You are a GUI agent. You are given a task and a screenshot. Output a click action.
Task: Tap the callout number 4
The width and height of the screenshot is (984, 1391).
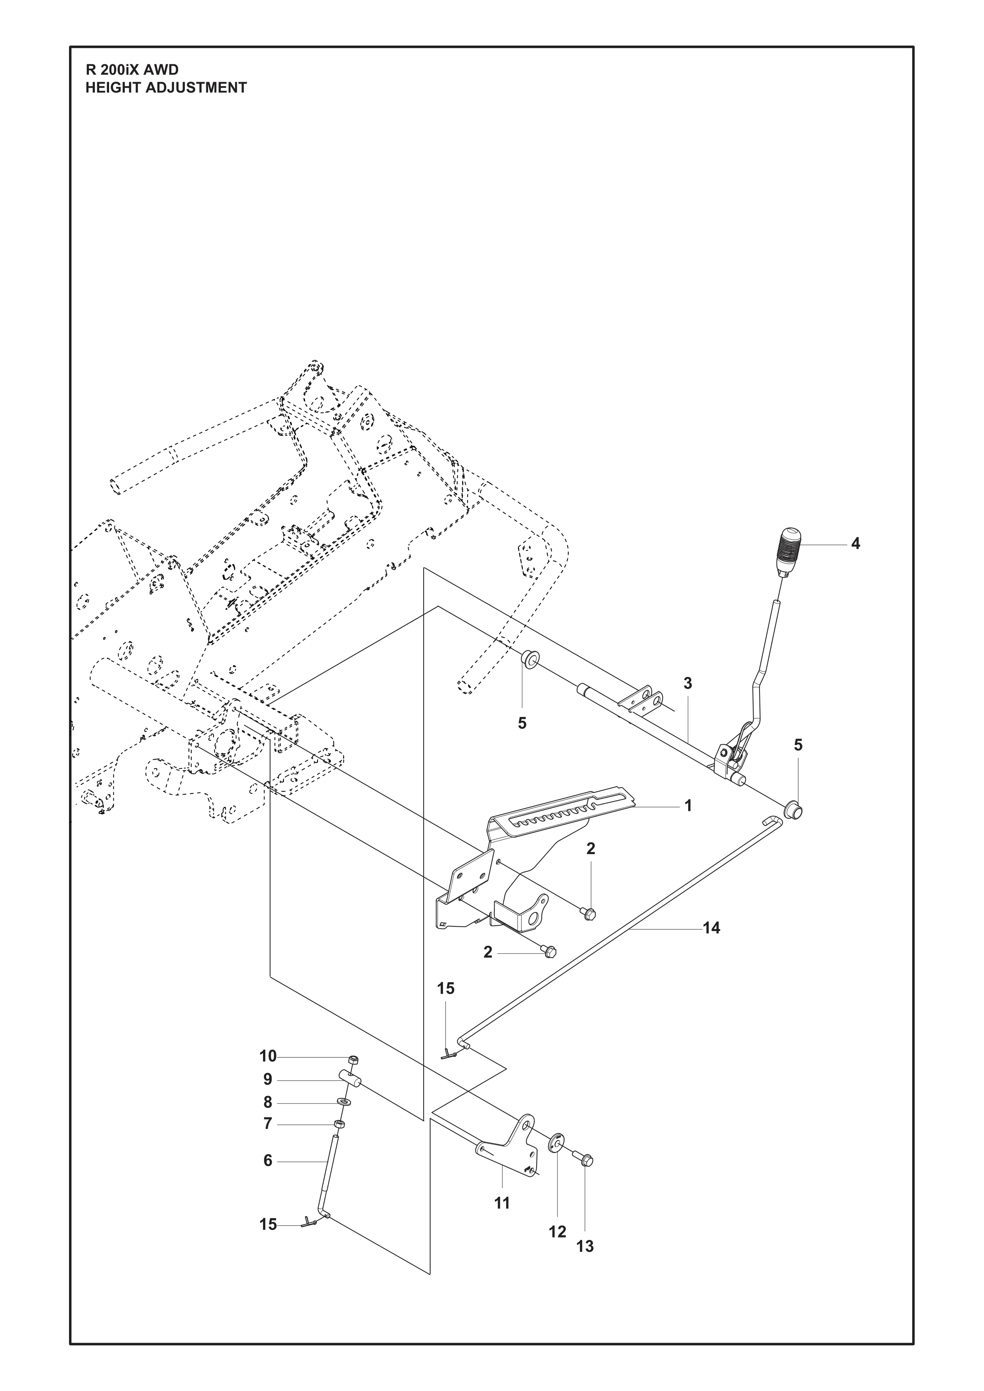(855, 544)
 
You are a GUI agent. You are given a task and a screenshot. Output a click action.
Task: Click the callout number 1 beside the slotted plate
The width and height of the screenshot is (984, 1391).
(688, 806)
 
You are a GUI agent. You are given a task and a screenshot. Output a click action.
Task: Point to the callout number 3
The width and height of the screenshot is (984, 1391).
(688, 683)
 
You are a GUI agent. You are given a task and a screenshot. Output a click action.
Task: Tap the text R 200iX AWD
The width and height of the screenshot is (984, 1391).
(132, 70)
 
